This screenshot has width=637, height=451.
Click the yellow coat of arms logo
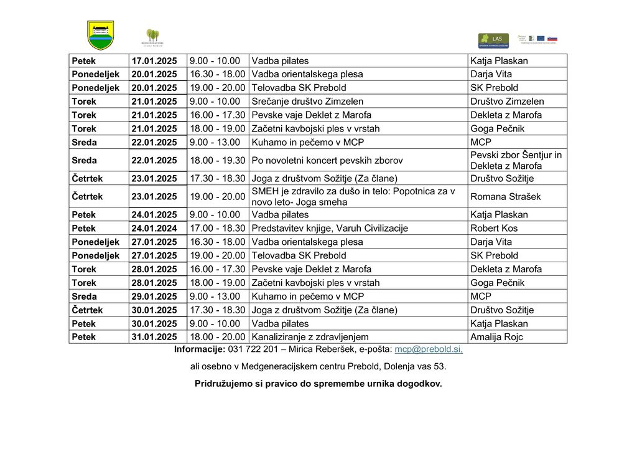[x=100, y=35]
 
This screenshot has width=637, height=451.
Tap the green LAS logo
[x=493, y=40]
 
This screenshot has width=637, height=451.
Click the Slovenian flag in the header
[x=552, y=39]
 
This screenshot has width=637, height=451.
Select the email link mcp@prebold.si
[x=429, y=349]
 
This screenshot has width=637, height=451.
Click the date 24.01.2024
[x=154, y=228]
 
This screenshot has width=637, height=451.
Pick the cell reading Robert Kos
[x=494, y=228]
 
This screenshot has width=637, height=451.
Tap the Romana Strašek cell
[x=505, y=196]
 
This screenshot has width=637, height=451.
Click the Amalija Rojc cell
[x=496, y=337]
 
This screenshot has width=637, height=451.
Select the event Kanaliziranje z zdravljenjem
[x=310, y=337]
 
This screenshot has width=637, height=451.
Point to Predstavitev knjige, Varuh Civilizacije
[x=329, y=228]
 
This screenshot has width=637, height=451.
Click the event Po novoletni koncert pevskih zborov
[x=327, y=160]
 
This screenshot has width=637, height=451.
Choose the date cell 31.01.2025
[x=154, y=337]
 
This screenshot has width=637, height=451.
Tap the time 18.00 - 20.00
[x=217, y=337]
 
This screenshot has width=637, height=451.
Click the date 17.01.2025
[x=154, y=61]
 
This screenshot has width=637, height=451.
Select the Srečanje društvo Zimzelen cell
[x=307, y=101]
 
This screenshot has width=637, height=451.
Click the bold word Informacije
[x=199, y=349]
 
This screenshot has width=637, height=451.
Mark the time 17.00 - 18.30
[x=217, y=228]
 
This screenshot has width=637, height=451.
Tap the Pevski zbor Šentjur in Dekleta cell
[x=516, y=160]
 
